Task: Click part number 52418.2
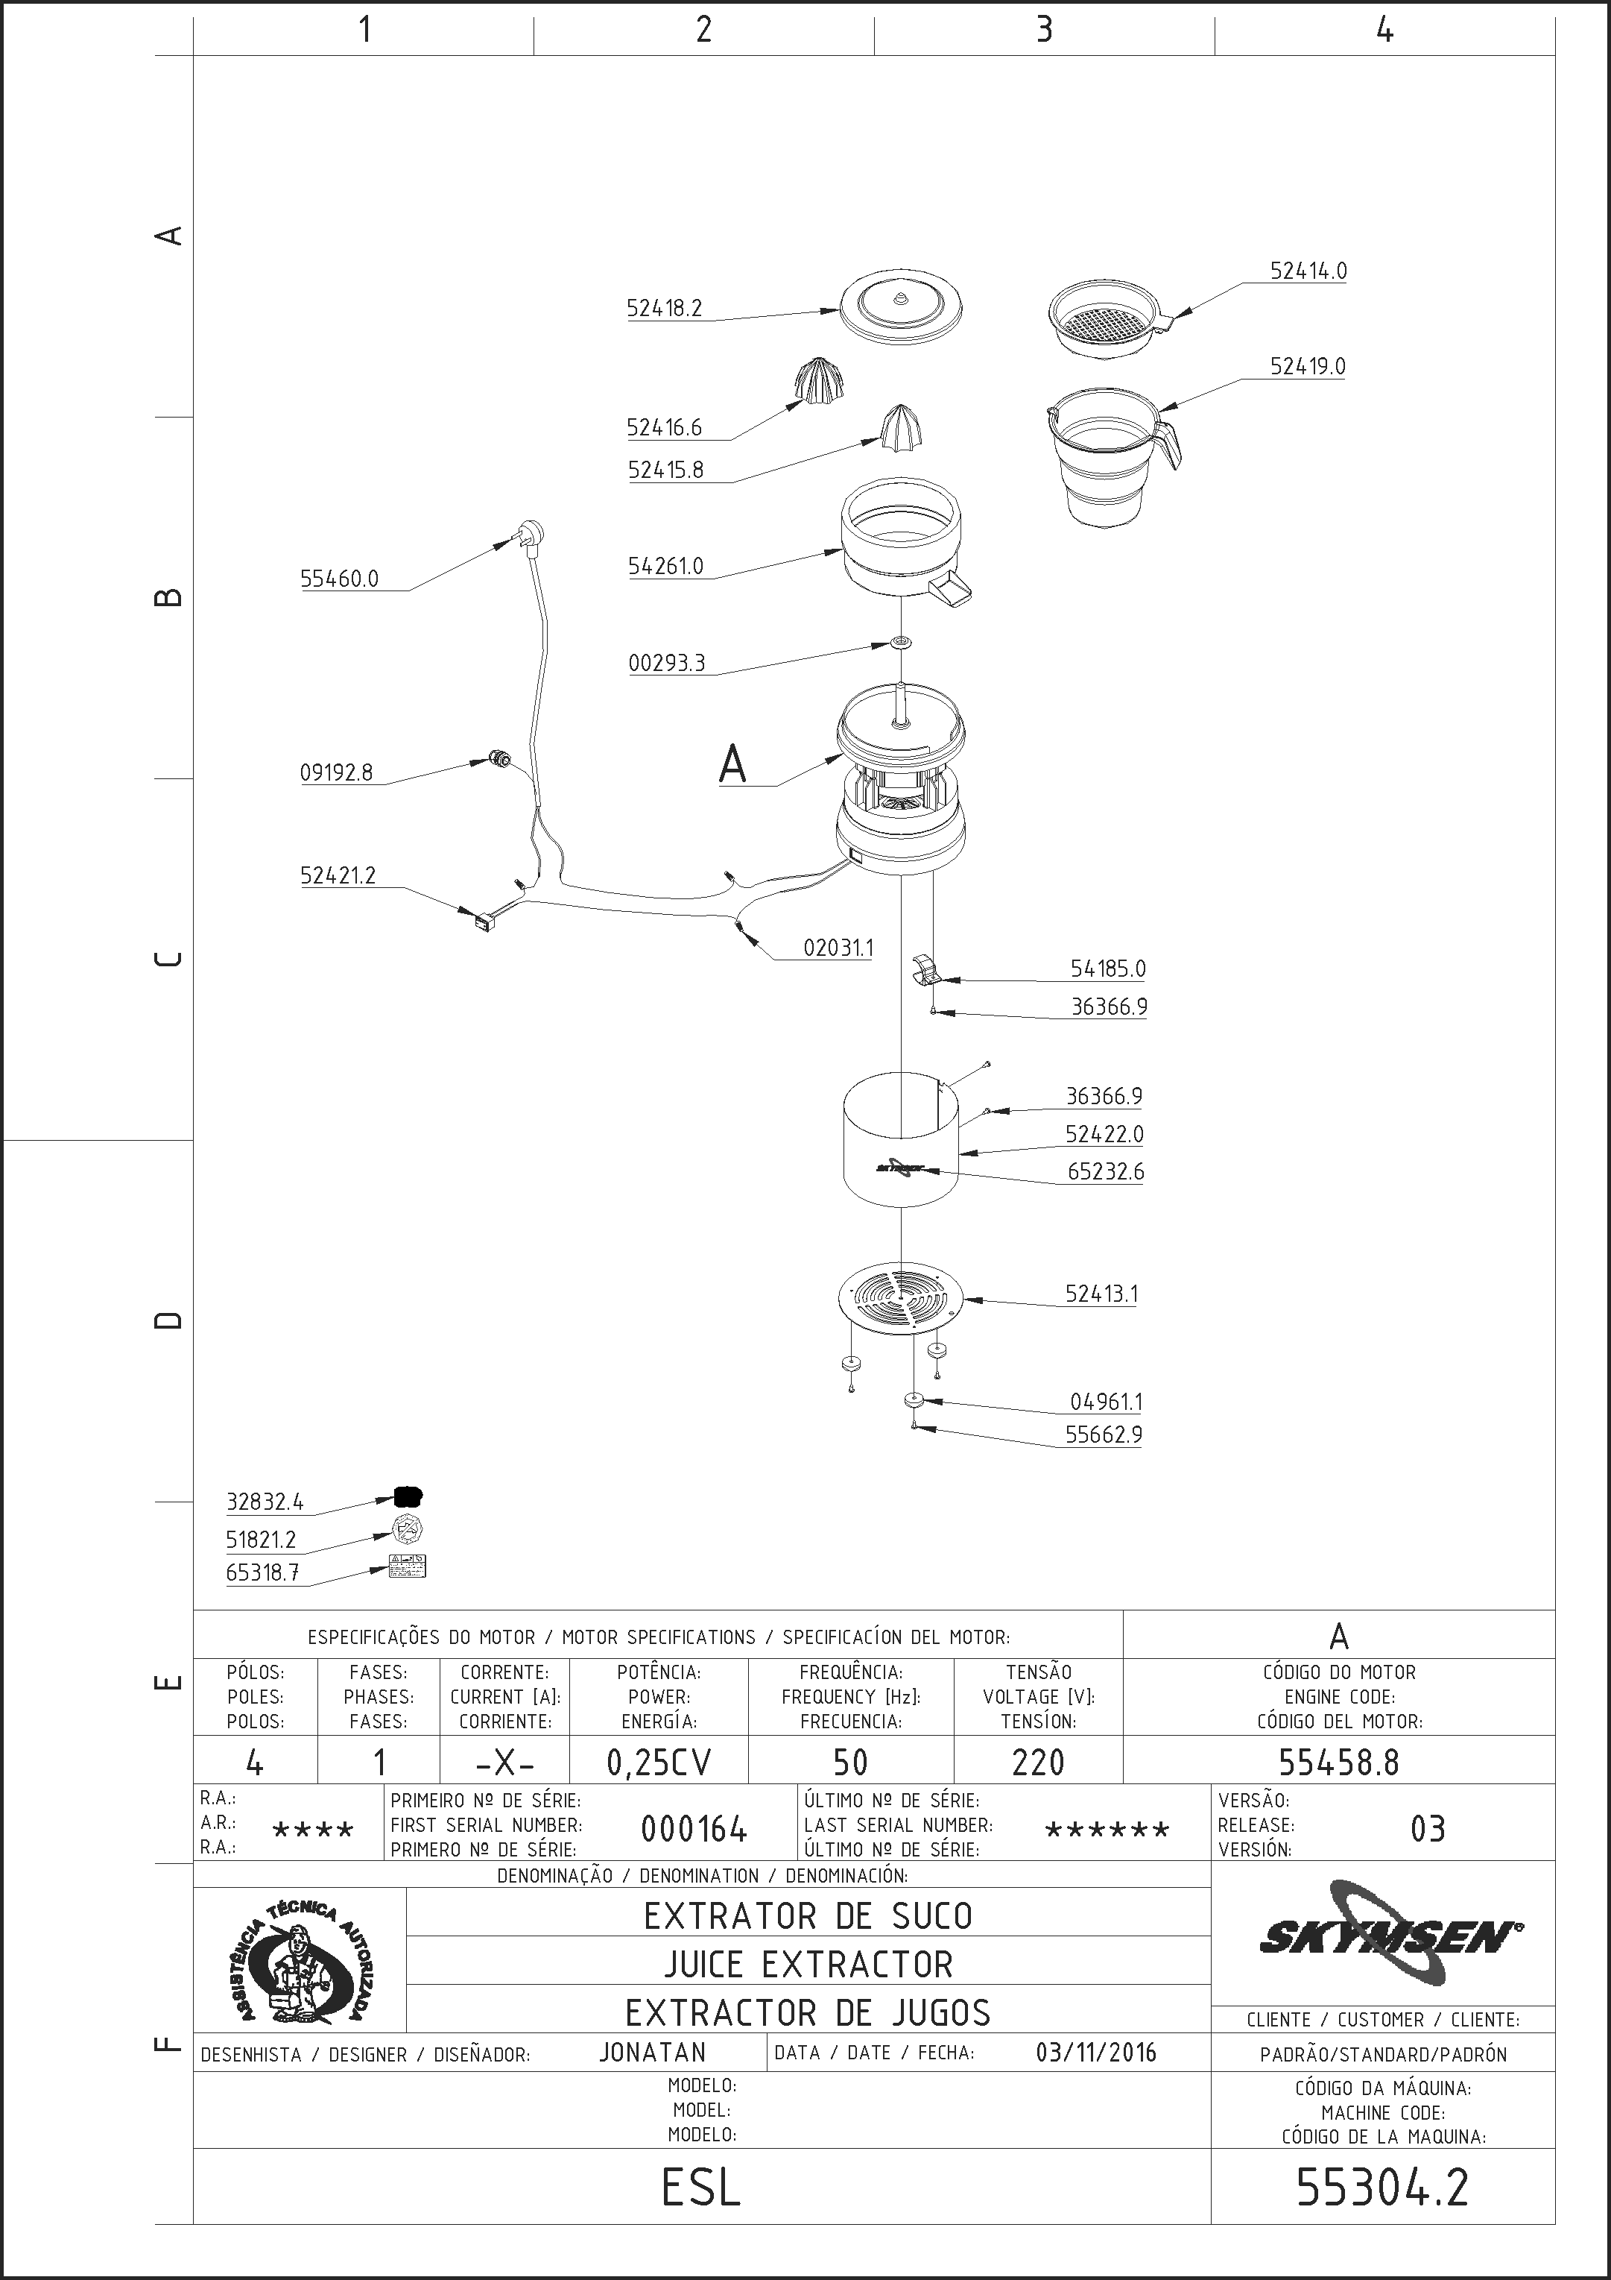pos(664,308)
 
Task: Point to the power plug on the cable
pos(530,536)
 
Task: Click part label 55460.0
pos(340,579)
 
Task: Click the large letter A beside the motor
pos(732,765)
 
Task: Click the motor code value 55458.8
pos(1338,1762)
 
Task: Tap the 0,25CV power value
pos(659,1762)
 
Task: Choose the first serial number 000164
pos(694,1828)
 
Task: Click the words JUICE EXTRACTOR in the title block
pos(808,1963)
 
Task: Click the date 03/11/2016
pos(1096,2052)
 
